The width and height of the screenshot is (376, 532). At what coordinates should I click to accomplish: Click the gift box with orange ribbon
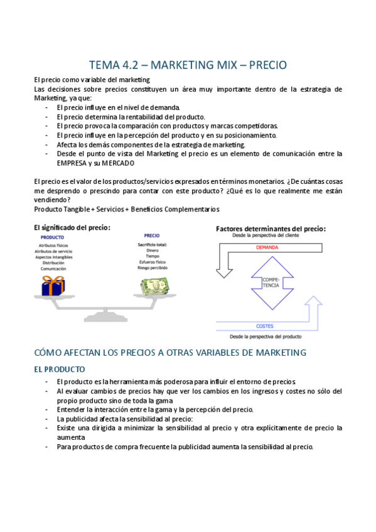[53, 285]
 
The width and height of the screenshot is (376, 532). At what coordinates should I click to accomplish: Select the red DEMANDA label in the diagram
[267, 247]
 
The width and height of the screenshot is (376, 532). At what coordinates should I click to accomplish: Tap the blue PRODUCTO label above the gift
[52, 238]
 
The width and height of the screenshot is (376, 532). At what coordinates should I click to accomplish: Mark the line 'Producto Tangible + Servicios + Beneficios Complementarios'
[127, 209]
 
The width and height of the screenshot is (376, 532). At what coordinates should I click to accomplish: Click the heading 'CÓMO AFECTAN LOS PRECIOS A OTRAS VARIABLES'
[169, 353]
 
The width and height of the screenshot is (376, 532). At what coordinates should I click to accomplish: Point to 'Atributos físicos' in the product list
[53, 245]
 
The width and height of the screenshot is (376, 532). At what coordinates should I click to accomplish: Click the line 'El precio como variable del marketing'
[92, 80]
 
